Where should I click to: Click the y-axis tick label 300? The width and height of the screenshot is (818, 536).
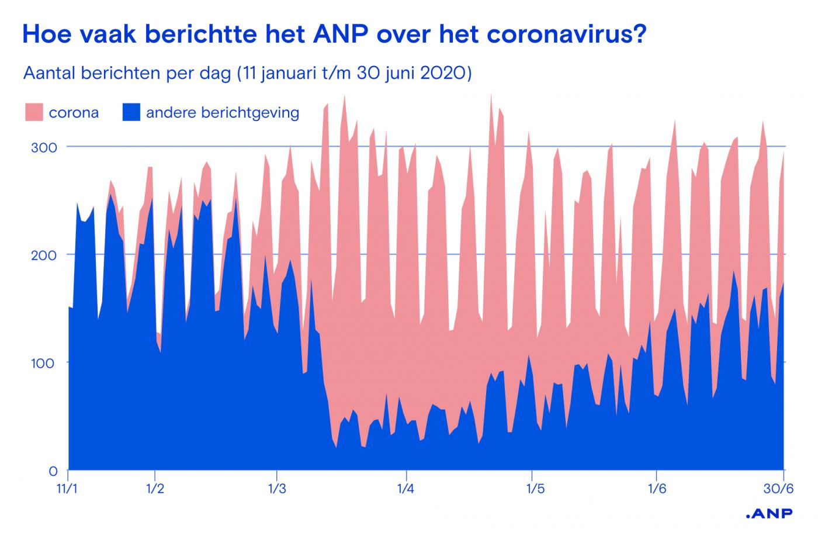[44, 147]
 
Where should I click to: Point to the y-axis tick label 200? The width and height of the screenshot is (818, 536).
[44, 255]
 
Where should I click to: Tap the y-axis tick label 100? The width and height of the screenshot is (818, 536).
[44, 363]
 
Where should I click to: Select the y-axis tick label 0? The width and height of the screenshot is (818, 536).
[53, 471]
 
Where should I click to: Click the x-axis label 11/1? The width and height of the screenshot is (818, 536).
[68, 487]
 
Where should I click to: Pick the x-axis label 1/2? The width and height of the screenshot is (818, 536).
[154, 487]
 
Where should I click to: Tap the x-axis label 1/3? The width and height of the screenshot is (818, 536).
[276, 487]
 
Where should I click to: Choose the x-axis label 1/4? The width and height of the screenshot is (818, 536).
[405, 487]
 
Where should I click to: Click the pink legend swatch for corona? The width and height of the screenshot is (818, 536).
[34, 112]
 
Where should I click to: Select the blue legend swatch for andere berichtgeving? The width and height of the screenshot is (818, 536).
[131, 112]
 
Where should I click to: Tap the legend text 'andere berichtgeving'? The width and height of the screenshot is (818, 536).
[222, 112]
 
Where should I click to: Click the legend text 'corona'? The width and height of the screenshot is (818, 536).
[74, 112]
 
